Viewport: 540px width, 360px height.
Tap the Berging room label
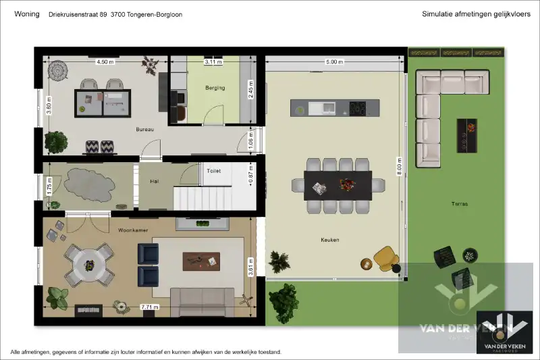click(x=215, y=88)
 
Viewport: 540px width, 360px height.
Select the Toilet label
click(x=214, y=172)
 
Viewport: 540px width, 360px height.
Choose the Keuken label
click(x=330, y=240)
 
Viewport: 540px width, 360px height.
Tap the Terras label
click(x=460, y=203)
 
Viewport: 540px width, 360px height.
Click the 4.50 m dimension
click(x=105, y=62)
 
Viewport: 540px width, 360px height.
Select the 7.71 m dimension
click(x=149, y=307)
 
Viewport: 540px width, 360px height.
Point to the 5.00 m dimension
click(x=335, y=62)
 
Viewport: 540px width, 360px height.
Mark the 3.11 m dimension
click(x=213, y=62)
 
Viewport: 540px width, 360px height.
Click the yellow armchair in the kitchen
click(x=385, y=257)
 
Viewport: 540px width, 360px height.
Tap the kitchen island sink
click(x=329, y=107)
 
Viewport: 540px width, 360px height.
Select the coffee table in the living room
click(x=202, y=259)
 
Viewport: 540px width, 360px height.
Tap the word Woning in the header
click(x=26, y=14)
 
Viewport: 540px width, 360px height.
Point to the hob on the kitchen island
click(x=356, y=107)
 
